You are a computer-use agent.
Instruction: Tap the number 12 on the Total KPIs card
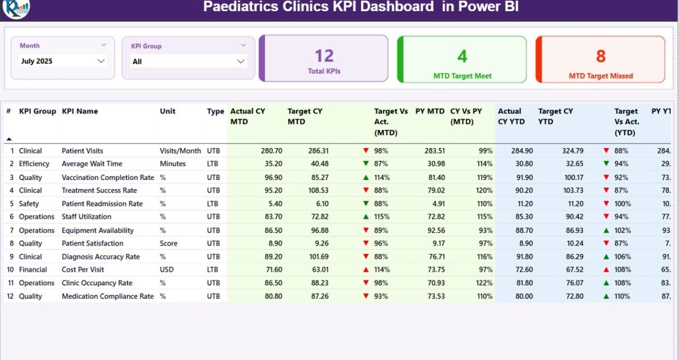pyautogui.click(x=324, y=56)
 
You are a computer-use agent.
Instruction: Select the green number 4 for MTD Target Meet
pyautogui.click(x=462, y=56)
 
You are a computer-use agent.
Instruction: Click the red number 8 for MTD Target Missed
pyautogui.click(x=600, y=56)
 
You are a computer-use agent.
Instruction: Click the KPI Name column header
pyautogui.click(x=80, y=111)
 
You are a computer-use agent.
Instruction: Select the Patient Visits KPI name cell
pyautogui.click(x=82, y=151)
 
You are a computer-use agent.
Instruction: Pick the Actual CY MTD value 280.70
pyautogui.click(x=272, y=151)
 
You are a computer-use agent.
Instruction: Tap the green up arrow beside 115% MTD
pyautogui.click(x=366, y=217)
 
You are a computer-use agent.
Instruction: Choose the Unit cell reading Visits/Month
pyautogui.click(x=180, y=151)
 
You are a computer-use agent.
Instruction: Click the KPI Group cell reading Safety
pyautogui.click(x=29, y=204)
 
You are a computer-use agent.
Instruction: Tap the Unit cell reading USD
pyautogui.click(x=167, y=270)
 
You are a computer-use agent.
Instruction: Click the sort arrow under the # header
pyautogui.click(x=8, y=139)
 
